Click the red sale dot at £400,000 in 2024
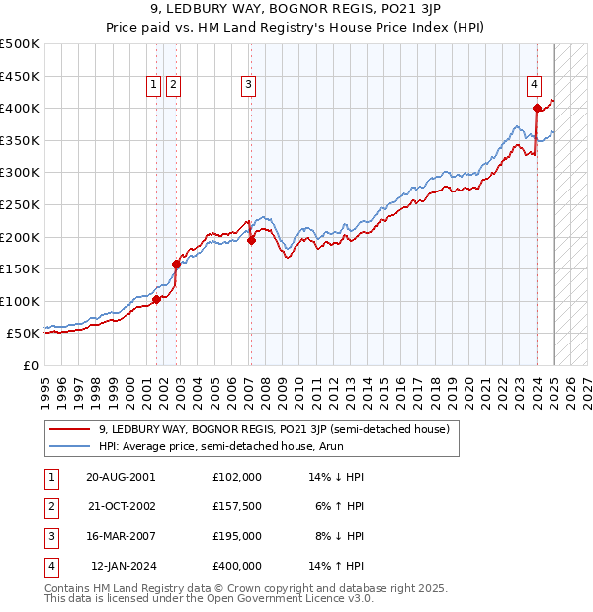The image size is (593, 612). tap(537, 108)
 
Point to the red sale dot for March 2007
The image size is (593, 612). tap(252, 240)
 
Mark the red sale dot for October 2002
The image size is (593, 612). tap(177, 264)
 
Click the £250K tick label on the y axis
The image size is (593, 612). tap(20, 204)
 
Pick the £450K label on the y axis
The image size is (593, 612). tap(20, 76)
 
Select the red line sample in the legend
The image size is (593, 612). tap(70, 429)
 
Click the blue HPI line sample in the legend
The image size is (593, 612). tap(70, 446)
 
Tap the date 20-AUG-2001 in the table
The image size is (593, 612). tap(121, 476)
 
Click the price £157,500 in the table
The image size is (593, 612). tap(236, 505)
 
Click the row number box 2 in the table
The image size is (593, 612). tap(49, 505)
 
